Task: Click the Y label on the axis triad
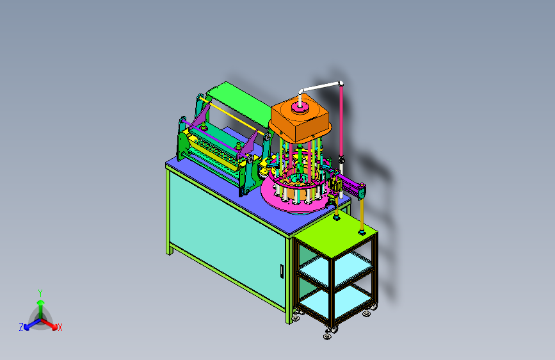40,293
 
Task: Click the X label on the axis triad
60,327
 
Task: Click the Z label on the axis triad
21,327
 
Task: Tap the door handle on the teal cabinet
282,271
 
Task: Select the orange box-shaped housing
300,120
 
